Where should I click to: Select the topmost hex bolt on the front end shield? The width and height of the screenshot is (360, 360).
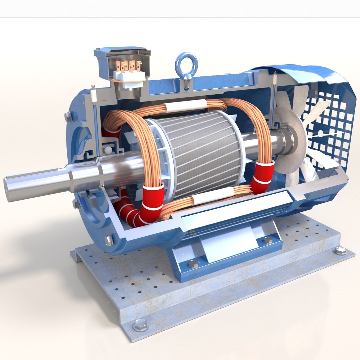point(68,117)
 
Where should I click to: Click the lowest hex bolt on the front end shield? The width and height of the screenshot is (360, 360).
point(109,240)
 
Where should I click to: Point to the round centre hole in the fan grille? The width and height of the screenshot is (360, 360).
point(321,134)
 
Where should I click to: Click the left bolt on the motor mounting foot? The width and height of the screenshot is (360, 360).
point(194,265)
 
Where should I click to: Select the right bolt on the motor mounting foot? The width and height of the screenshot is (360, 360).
point(268,240)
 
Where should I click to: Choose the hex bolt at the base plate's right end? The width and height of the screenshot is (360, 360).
point(340,251)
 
